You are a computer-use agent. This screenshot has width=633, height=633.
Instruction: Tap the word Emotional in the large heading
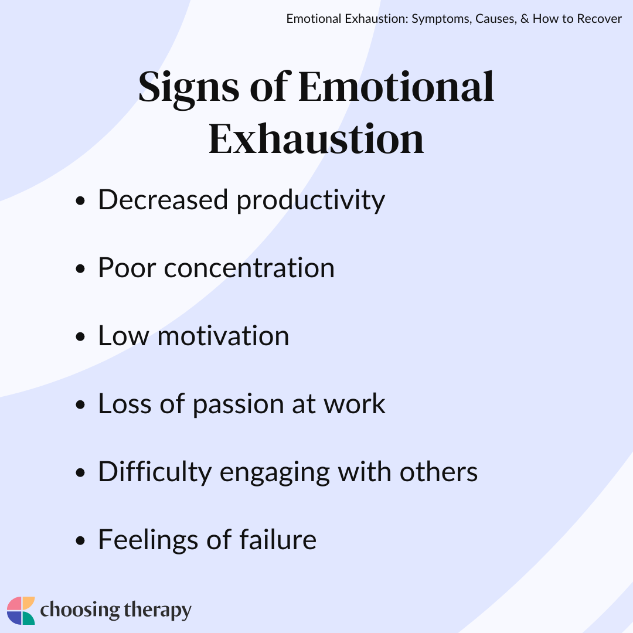coord(396,86)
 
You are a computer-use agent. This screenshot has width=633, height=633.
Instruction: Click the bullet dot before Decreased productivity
coord(80,200)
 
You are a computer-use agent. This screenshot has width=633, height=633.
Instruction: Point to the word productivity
coord(311,200)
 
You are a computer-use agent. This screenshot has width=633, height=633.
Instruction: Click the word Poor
coord(127,268)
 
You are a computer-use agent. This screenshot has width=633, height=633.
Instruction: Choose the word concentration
coord(250,268)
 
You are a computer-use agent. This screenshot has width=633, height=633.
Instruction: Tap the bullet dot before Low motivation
coord(80,336)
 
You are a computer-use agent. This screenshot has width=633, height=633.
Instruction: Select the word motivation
coord(223,336)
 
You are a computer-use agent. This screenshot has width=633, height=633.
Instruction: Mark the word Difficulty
coord(155,472)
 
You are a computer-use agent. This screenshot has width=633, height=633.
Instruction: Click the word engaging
coord(274,473)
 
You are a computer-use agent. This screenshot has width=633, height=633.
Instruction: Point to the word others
coord(438,471)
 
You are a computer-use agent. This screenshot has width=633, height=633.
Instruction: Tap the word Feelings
coord(148,540)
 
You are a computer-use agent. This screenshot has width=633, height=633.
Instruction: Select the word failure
coord(278,539)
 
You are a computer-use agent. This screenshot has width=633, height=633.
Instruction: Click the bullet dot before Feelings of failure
coord(80,540)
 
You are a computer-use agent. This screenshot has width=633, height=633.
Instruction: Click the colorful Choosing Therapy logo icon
coord(21,610)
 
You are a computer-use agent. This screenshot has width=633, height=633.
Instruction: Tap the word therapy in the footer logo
coord(158,610)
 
